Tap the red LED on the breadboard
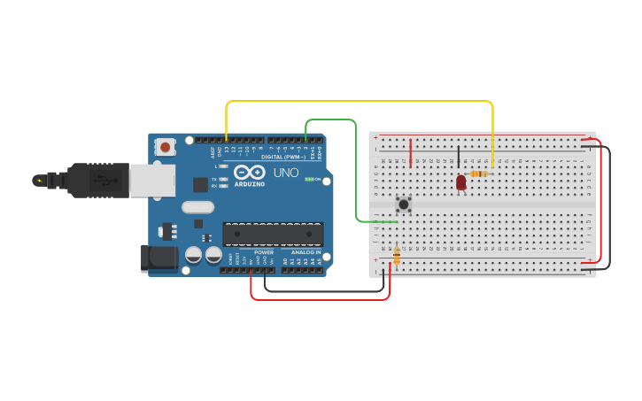(460, 182)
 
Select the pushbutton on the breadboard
(404, 204)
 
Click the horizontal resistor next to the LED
(479, 174)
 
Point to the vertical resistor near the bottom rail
(396, 256)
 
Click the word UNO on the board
(285, 172)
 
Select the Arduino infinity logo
(250, 172)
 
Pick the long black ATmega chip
(272, 235)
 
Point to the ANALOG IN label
(299, 252)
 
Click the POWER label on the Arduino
(264, 252)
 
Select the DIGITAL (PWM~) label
(283, 157)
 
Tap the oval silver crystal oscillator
(197, 207)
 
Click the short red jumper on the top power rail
(411, 151)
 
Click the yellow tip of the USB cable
(38, 181)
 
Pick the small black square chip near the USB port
(201, 185)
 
